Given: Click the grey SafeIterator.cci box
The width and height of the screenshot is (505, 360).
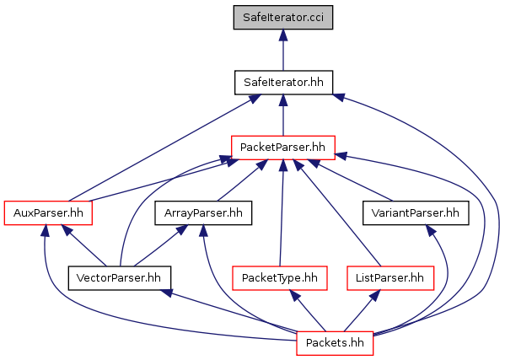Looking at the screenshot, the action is pos(283,18).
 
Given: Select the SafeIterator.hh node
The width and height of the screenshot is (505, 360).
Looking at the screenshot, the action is pos(283,83).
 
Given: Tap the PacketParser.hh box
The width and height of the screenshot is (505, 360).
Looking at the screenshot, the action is pos(283,148).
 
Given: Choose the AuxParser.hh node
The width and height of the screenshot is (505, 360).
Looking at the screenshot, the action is pos(48,212).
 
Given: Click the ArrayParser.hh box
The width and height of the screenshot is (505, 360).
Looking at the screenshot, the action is pos(203,212).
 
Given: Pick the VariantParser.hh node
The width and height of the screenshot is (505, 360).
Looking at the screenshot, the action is pos(416,212).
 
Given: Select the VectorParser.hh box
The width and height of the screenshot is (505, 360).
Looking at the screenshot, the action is pos(119,278).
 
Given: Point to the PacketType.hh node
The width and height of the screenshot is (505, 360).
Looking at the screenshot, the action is pos(280,278).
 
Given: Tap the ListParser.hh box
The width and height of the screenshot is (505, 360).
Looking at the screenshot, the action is pos(390,278).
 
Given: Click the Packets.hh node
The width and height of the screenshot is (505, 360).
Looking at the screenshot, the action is pos(335,343).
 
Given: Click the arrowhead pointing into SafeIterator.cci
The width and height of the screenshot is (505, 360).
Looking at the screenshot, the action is pos(283,35).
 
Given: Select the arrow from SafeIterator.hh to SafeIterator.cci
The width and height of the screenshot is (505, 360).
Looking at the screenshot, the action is pos(283,50).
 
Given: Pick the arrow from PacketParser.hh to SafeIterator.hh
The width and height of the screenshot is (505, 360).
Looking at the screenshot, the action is pos(283,115).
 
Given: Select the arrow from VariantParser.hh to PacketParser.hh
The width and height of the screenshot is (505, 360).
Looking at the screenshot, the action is pos(350,180).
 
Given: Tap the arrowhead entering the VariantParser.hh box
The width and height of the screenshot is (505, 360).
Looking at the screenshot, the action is pos(431,230).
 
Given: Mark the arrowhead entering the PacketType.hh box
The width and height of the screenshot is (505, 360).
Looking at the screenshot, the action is pos(293,295).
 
